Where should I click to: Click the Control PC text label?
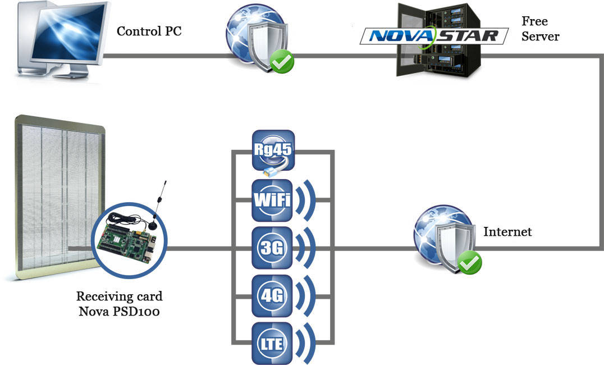pos(149,31)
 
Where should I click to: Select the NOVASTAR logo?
pos(434,36)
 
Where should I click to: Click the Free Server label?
pos(540,29)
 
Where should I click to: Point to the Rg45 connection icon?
pos(273,150)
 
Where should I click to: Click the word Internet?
pos(507,232)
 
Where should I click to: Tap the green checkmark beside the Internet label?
pos(470,263)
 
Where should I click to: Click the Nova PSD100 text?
pos(119,311)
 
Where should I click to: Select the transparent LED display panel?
pos(58,197)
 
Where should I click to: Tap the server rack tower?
pos(439,40)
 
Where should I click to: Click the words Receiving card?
pos(119,296)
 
